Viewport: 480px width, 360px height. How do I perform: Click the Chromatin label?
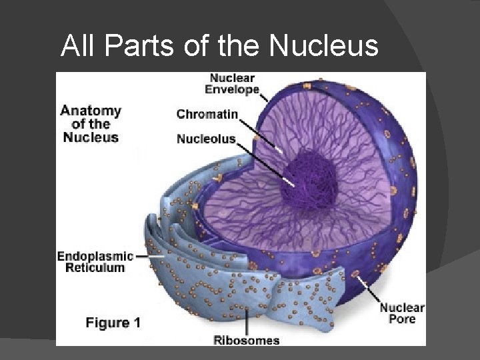207,114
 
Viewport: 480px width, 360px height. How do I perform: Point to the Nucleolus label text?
206,139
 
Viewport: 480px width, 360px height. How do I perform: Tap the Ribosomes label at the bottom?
246,340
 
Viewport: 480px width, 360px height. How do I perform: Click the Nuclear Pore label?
402,313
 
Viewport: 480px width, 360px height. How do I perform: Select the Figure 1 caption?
113,323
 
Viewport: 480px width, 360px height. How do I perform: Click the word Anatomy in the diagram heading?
91,111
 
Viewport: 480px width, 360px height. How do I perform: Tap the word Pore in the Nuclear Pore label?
402,319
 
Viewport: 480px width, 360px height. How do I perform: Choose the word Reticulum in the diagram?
95,267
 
